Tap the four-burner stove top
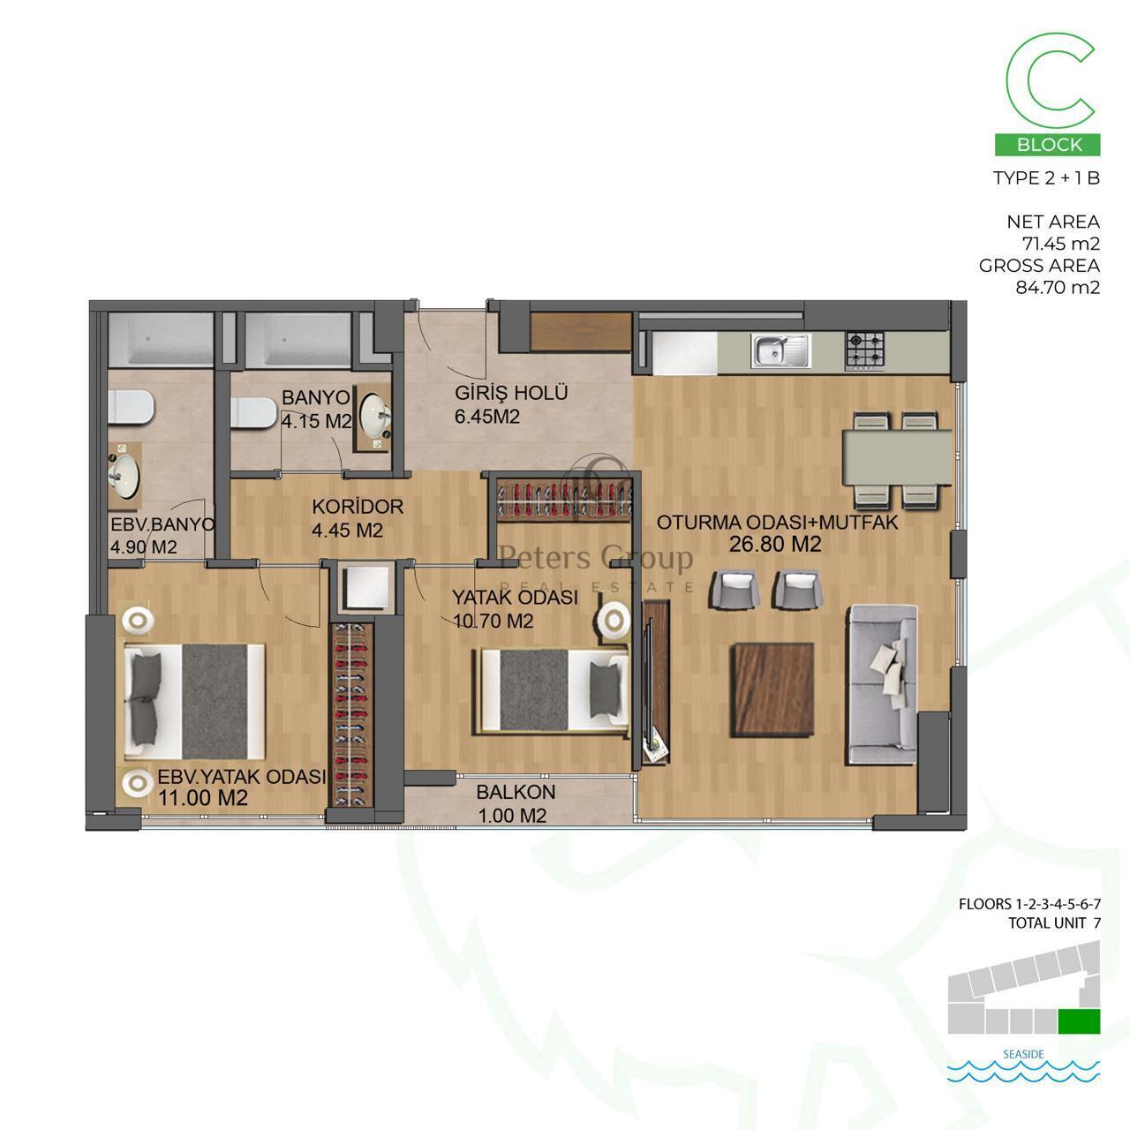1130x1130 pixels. point(864,350)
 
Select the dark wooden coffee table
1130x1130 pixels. point(772,689)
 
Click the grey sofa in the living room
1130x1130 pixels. point(881,684)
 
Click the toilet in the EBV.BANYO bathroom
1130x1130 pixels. point(131,406)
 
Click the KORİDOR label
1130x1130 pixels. point(358,506)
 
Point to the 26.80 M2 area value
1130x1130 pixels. point(774,544)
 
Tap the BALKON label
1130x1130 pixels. point(516,792)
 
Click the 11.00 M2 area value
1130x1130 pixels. point(203,797)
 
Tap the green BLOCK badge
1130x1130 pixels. point(1047,145)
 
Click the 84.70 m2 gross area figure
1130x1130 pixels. point(1058,287)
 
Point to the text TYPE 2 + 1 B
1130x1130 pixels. point(1047,177)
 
